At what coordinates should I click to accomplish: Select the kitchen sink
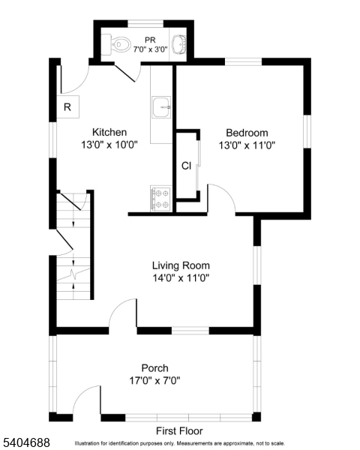(161, 108)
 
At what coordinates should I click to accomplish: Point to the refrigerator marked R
(67, 107)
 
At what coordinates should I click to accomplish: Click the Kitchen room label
(109, 132)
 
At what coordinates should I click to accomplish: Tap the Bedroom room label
(247, 133)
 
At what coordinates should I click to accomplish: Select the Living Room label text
(181, 265)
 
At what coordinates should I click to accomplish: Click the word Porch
(154, 367)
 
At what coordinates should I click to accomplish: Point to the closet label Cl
(185, 165)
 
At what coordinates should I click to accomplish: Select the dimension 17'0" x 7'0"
(154, 380)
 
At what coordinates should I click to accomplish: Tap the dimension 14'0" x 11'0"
(181, 278)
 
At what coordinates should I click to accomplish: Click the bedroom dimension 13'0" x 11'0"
(247, 145)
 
